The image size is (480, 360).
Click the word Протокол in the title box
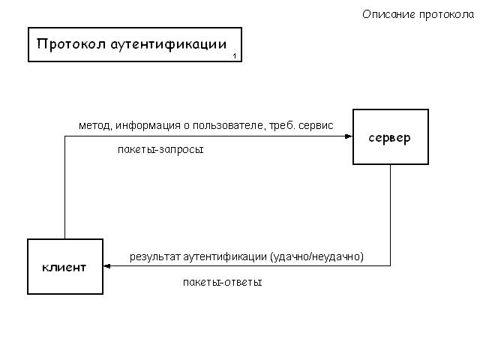pyautogui.click(x=71, y=43)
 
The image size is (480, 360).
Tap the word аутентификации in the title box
pyautogui.click(x=169, y=45)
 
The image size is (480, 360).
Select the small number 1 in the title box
pyautogui.click(x=235, y=56)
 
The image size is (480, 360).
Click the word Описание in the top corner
pyautogui.click(x=388, y=15)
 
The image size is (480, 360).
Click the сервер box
pyautogui.click(x=391, y=136)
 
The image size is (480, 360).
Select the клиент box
pyautogui.click(x=65, y=267)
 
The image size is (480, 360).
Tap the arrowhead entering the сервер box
pyautogui.click(x=349, y=136)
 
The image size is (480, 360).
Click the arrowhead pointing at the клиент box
pyautogui.click(x=107, y=266)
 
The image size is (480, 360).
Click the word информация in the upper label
pyautogui.click(x=148, y=126)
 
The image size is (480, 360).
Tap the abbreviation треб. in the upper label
pyautogui.click(x=282, y=125)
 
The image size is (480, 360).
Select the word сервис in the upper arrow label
pyautogui.click(x=316, y=126)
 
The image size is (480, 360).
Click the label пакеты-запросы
pyautogui.click(x=160, y=150)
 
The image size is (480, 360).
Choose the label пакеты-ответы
pyautogui.click(x=223, y=282)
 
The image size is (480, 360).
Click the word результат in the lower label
pyautogui.click(x=155, y=256)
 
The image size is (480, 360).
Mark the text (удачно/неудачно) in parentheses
pyautogui.click(x=316, y=256)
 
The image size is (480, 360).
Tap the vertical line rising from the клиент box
pyautogui.click(x=65, y=187)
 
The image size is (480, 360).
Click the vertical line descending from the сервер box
pyautogui.click(x=390, y=215)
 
